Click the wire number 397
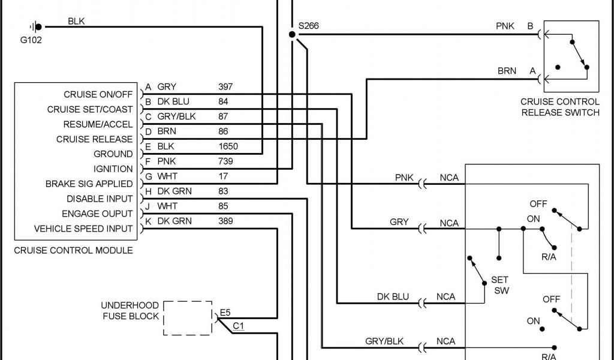pos(225,87)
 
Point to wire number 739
pos(225,161)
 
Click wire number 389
pos(225,221)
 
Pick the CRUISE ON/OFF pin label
pos(98,95)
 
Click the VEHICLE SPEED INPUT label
pos(83,229)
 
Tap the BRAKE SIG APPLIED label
pos(89,184)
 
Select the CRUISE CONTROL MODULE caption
pos(73,250)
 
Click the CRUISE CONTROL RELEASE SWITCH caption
pos(559,107)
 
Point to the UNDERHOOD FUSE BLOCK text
pos(130,311)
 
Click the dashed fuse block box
pos(188,318)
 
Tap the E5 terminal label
pos(225,313)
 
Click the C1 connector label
pos(238,326)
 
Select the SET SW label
pos(499,285)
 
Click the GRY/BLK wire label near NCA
pos(384,341)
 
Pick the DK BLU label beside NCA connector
pos(393,296)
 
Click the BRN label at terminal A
pos(507,71)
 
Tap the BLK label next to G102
pos(76,21)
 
